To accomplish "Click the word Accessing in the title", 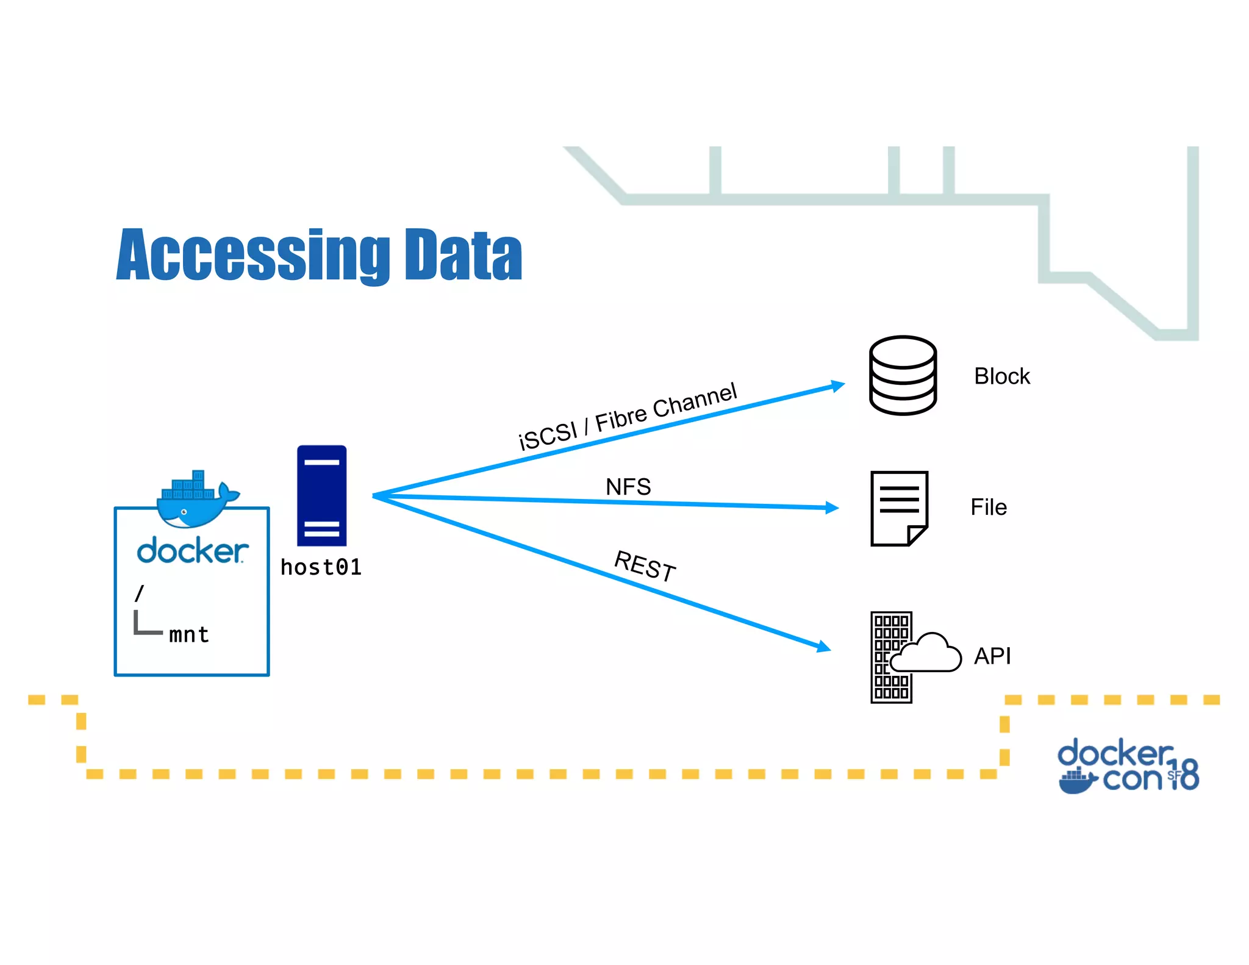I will pos(252,255).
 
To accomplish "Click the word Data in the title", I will pos(463,255).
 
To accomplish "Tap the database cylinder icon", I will pos(903,376).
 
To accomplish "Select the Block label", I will pos(1001,376).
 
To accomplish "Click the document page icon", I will pos(899,508).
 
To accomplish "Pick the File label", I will pos(988,508).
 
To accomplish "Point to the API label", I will pos(992,656).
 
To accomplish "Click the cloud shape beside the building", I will pos(928,654).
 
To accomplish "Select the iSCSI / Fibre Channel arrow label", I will pos(628,416).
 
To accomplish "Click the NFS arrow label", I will pos(628,487).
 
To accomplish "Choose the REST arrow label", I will pos(645,565).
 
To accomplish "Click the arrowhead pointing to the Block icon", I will pos(838,386).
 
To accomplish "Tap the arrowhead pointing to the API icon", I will pos(824,647).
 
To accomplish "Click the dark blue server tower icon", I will pos(321,495).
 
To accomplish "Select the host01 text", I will pos(321,567).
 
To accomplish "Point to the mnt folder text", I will pos(189,635).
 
